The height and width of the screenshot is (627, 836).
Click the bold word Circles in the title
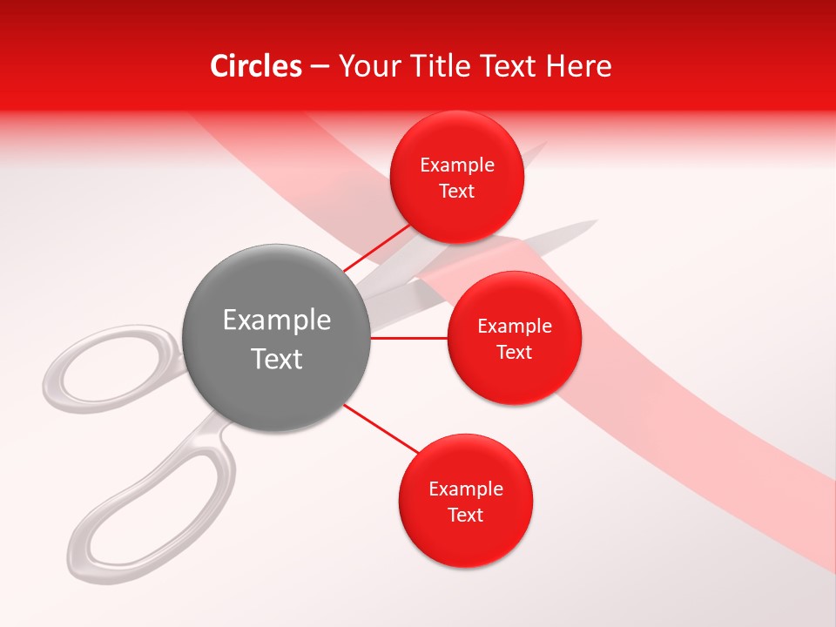255,66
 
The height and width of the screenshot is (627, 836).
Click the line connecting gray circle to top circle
376,248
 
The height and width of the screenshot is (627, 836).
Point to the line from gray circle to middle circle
409,338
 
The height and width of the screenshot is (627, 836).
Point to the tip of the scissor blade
594,223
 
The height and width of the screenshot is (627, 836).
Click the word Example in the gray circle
277,320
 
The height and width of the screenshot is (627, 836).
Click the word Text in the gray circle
277,359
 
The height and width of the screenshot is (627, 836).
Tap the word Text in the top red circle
457,192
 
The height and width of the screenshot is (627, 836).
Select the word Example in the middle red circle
515,327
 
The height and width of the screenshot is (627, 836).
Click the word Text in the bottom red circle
465,516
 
